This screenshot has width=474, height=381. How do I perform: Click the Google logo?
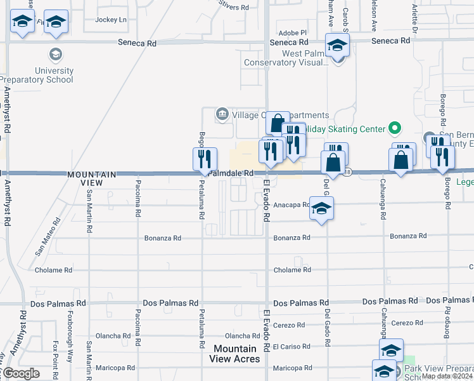20,373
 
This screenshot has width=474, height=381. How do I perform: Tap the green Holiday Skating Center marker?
395,129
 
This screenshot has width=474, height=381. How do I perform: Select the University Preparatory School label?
37,75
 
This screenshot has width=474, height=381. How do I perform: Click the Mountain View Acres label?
235,354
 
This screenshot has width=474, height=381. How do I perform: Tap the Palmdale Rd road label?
231,173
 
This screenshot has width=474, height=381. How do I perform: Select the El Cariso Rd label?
292,346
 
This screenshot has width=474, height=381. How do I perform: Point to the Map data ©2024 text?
447,376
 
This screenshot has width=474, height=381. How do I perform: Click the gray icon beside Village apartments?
222,114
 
